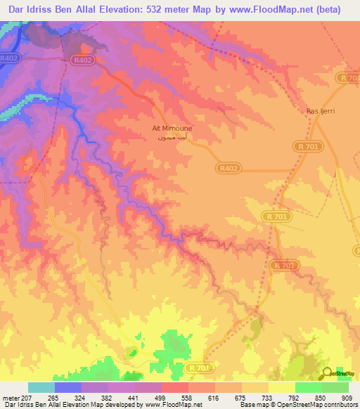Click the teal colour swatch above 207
pos(41,387)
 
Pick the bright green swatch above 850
pos(308,387)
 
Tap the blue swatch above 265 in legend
pos(67,387)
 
